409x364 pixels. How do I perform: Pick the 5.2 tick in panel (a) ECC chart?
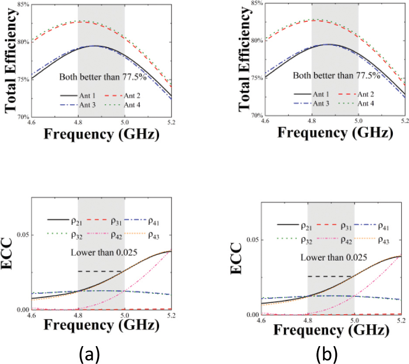click(x=171, y=315)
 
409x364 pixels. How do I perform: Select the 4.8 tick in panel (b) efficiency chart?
click(x=312, y=122)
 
